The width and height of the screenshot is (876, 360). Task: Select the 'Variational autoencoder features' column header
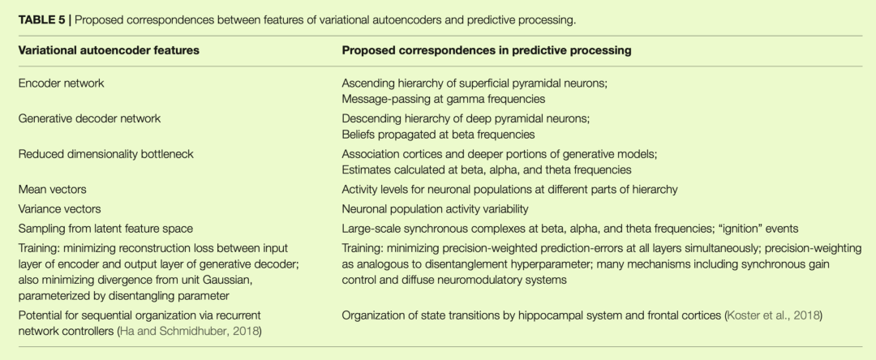109,50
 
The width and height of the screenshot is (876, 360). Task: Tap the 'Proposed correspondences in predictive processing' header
487,50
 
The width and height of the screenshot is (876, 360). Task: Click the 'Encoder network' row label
61,83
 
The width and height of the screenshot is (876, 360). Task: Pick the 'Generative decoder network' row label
89,118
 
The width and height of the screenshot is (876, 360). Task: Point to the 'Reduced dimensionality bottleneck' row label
106,154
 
